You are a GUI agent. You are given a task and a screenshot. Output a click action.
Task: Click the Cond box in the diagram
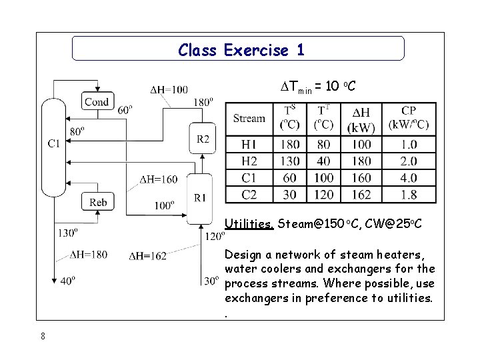coord(97,102)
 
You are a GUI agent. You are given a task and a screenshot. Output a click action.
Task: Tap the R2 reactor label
coord(203,139)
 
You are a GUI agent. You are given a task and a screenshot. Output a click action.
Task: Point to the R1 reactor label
coord(201,197)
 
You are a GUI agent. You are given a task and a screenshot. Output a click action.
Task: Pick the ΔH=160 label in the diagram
coord(159,179)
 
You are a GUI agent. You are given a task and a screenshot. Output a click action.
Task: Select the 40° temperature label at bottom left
coord(67,281)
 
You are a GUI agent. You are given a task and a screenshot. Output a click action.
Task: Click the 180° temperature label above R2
coord(203,102)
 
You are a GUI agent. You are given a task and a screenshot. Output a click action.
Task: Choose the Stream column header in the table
coord(249,119)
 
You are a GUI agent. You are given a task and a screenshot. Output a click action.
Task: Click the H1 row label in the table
coord(249,145)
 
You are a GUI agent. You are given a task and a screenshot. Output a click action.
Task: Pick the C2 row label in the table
coord(249,194)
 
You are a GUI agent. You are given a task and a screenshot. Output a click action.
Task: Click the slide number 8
coord(43,336)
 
